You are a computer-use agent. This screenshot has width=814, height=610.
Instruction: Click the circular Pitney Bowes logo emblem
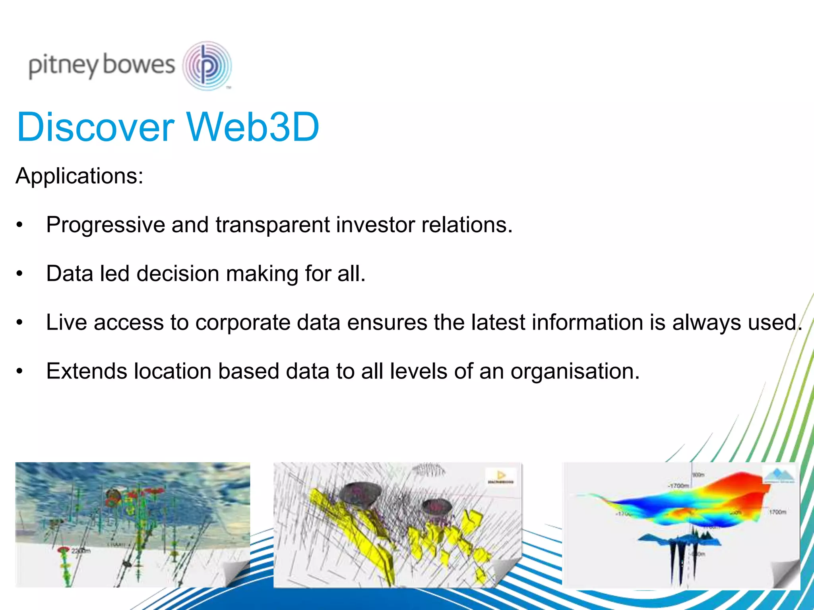[207, 66]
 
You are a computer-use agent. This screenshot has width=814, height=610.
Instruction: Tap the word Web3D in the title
[253, 127]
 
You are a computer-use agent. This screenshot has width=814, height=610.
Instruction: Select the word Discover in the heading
[95, 127]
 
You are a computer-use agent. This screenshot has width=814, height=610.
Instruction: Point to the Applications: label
[79, 176]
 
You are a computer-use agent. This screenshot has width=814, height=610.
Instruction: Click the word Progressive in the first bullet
[105, 225]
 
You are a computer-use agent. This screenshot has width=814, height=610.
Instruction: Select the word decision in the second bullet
[178, 274]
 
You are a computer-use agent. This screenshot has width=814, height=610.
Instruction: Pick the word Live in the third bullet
[66, 322]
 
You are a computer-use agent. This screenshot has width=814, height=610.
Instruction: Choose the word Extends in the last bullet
[87, 371]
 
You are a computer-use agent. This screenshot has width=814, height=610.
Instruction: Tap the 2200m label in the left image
[81, 551]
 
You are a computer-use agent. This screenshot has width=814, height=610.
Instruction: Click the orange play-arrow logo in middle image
[501, 475]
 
